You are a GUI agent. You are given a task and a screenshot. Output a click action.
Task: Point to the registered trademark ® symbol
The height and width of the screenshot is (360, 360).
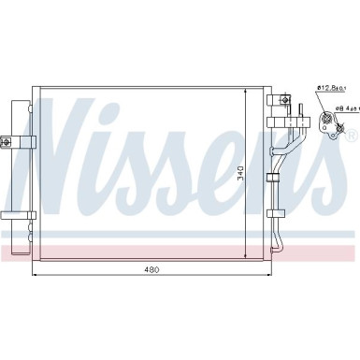(351, 137)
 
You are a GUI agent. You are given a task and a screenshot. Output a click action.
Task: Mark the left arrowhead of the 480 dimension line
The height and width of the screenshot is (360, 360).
(36, 276)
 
